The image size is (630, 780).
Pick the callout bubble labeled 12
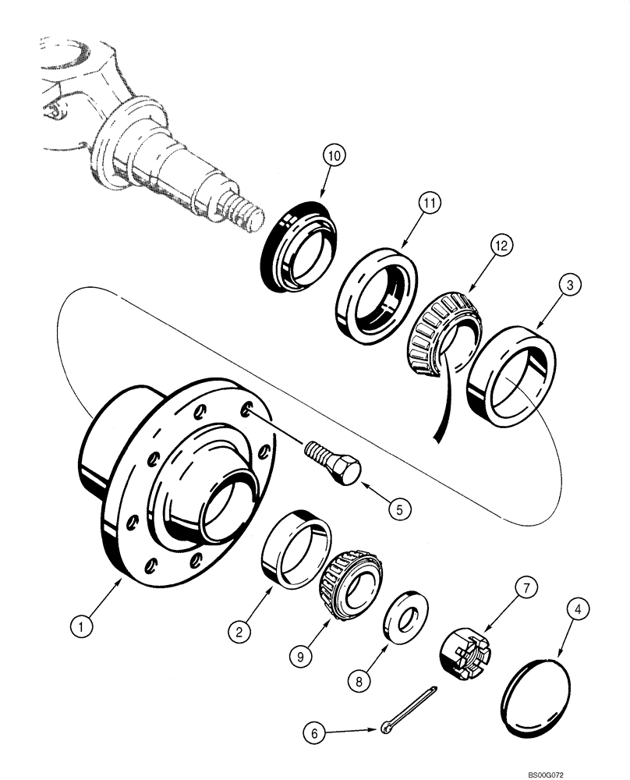500,244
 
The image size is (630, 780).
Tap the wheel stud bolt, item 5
336,462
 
